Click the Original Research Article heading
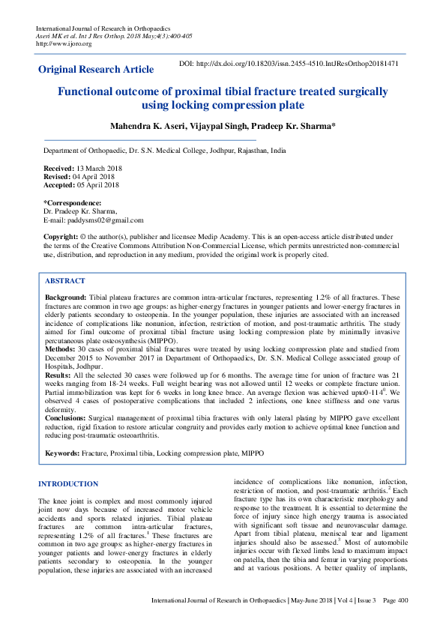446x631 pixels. (x=96, y=69)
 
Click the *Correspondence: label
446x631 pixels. (x=72, y=203)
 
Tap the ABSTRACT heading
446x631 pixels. (x=65, y=280)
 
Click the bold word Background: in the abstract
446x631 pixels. (x=66, y=298)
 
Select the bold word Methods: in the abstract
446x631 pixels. (x=61, y=348)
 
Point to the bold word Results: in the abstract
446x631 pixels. (x=59, y=374)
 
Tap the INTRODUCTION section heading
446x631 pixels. (x=68, y=484)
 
